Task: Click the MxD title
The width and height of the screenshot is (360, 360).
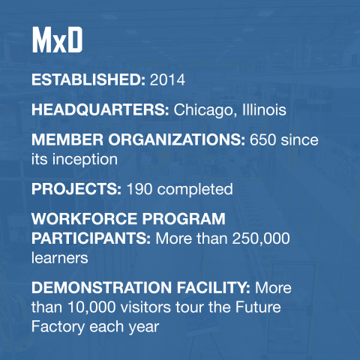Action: [56, 42]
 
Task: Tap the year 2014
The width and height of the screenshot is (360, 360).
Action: [167, 78]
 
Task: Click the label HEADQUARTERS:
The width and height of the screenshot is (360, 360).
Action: [100, 110]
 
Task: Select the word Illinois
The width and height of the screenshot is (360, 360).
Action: [263, 110]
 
